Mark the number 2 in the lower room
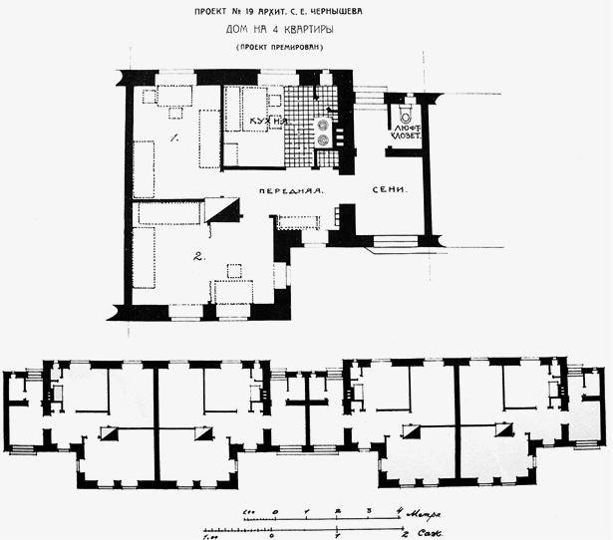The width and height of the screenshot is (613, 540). [x=199, y=258]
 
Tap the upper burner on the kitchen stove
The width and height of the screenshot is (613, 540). [x=323, y=126]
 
